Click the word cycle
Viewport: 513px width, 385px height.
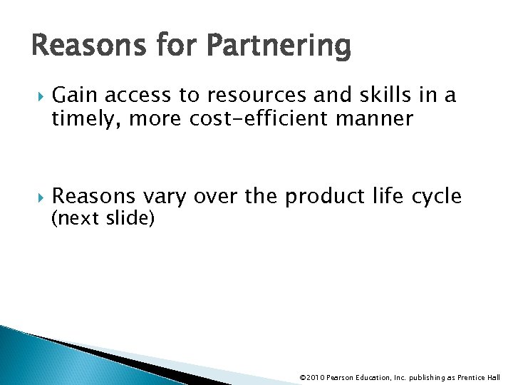(x=437, y=195)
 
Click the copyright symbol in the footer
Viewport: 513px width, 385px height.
(x=303, y=377)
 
